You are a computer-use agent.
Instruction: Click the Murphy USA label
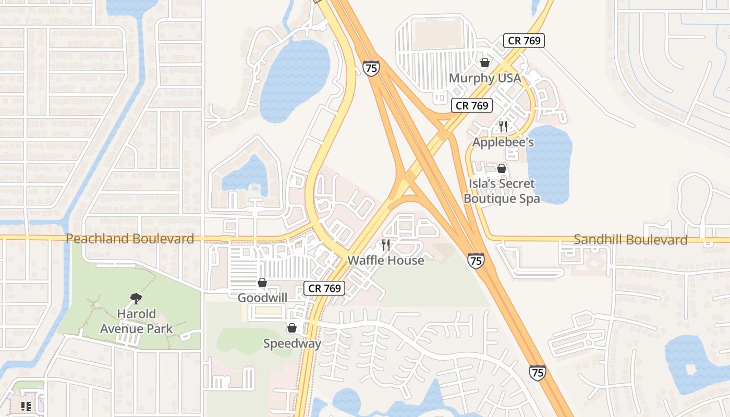point(484,78)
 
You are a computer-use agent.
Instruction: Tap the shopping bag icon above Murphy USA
point(485,63)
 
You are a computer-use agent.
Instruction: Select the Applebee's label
point(503,142)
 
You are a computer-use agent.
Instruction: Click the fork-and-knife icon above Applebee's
point(503,126)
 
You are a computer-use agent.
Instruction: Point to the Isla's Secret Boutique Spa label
point(501,191)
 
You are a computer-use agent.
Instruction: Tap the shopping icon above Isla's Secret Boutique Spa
point(502,168)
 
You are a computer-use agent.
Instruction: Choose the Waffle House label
point(385,260)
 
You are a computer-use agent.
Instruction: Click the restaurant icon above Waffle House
point(386,245)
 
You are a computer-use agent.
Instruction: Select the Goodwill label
point(262,298)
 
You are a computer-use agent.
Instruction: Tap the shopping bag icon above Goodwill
point(262,283)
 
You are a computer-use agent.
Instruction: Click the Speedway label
point(292,343)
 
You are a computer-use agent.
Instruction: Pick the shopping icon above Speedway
point(292,328)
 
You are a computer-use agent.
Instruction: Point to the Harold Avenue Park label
point(136,321)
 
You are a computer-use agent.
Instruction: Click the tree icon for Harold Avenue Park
point(136,299)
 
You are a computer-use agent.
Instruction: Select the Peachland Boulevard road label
point(130,239)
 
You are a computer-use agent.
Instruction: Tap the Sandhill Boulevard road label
point(630,240)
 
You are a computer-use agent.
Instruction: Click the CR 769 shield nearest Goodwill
point(324,288)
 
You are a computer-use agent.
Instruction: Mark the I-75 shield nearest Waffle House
point(475,260)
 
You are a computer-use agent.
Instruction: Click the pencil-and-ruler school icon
point(26,407)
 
